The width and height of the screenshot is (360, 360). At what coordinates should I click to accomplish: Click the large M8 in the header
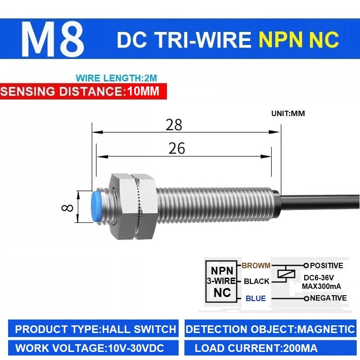pos(53,39)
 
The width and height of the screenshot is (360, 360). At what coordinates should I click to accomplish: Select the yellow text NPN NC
pos(299,40)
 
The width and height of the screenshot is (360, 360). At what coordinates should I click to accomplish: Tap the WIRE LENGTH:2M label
pos(117,78)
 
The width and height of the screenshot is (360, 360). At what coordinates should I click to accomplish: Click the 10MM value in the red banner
pos(143,91)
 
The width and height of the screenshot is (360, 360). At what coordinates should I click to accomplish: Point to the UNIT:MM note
pos(288,113)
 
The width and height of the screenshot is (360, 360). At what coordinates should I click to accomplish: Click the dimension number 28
pos(174,125)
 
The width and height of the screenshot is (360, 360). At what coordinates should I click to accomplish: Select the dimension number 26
pos(176,148)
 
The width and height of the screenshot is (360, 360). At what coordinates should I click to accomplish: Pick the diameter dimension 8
pos(67,208)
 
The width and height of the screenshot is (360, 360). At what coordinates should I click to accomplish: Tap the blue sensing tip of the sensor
pos(96,207)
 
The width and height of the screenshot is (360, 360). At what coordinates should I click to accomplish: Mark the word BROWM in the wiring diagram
pos(256,265)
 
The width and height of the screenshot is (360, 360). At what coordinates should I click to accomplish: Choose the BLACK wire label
pos(256,281)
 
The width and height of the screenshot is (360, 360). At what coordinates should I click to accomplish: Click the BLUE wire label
pos(256,298)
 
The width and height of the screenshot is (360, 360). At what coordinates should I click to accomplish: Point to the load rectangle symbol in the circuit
pos(286,274)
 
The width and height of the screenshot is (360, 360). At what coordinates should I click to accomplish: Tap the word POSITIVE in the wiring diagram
pos(327,265)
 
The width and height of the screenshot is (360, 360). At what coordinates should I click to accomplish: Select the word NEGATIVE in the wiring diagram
pos(328,298)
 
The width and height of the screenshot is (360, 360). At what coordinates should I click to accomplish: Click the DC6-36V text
pos(319,278)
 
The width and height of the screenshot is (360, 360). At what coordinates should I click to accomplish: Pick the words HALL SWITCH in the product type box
pos(139,329)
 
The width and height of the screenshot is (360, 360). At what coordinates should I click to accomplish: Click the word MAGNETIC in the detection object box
pos(326,329)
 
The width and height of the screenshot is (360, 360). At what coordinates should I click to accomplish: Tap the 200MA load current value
pos(301,348)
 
